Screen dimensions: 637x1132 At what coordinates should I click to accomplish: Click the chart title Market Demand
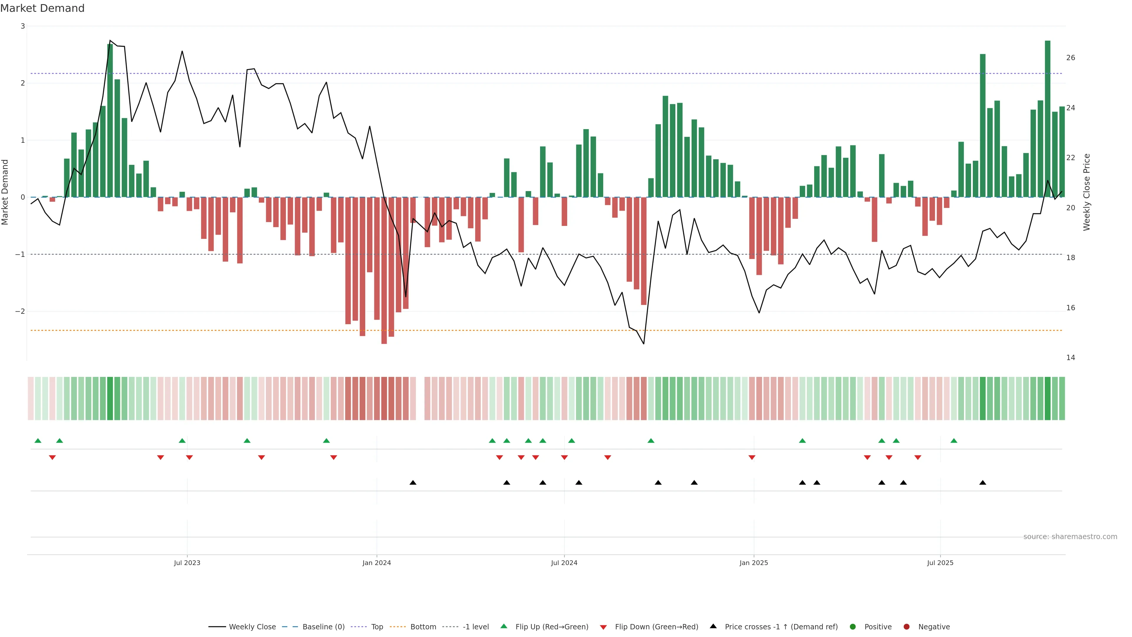coord(42,8)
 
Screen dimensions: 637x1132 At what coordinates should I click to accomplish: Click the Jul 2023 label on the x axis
coord(187,563)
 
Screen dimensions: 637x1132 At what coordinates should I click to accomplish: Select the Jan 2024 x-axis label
coord(377,563)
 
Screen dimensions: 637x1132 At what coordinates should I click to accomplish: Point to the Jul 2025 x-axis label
coord(940,563)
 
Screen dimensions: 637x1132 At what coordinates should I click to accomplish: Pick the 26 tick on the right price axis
coord(1070,58)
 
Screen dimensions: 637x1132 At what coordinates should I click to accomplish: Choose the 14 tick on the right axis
coord(1070,358)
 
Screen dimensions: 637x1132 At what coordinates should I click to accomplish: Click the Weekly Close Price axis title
coord(1086,192)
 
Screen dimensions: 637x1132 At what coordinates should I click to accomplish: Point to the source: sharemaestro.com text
coord(1070,537)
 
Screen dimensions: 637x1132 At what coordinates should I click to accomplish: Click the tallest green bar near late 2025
coord(1048,119)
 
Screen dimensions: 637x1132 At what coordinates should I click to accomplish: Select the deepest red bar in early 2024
coord(384,270)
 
